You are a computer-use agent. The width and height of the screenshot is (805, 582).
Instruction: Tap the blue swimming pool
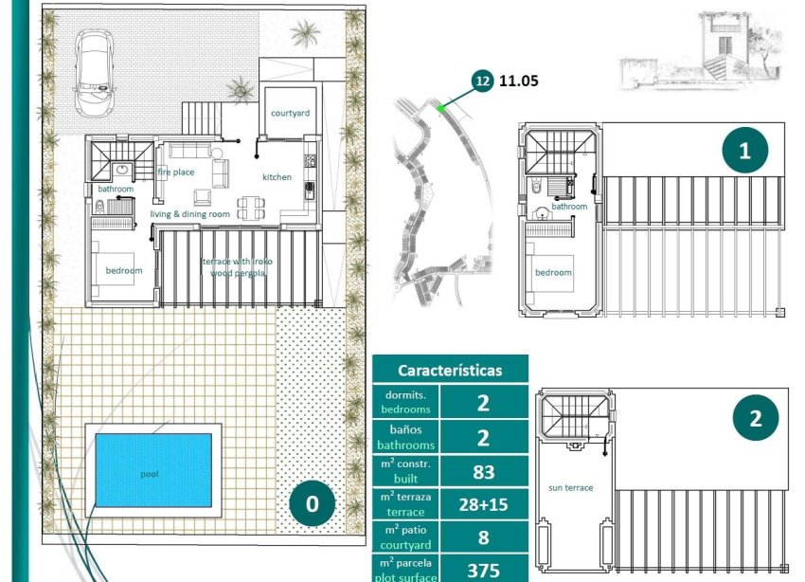click(152, 470)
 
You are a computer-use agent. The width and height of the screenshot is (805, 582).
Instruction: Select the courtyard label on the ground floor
click(290, 113)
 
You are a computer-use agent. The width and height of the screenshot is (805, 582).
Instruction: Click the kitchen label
click(277, 177)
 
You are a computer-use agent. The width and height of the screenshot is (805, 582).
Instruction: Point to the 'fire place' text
click(176, 173)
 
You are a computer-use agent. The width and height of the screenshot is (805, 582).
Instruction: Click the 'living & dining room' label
click(190, 214)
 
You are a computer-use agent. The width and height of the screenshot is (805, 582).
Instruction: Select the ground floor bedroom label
click(124, 270)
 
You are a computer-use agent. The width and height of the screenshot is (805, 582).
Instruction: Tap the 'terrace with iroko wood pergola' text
click(235, 266)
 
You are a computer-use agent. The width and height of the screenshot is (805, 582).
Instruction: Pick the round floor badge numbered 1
click(744, 151)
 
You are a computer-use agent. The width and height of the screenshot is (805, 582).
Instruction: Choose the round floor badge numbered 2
click(755, 418)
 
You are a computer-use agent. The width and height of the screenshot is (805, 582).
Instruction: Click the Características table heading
click(450, 371)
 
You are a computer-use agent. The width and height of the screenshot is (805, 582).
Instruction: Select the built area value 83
click(483, 470)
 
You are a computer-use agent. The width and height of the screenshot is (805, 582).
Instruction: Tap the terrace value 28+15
click(483, 504)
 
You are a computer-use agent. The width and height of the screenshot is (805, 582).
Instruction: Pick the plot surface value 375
click(483, 570)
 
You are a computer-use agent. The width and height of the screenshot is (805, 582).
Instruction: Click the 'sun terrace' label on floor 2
click(570, 487)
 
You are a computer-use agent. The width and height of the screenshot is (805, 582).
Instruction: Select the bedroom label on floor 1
click(554, 272)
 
